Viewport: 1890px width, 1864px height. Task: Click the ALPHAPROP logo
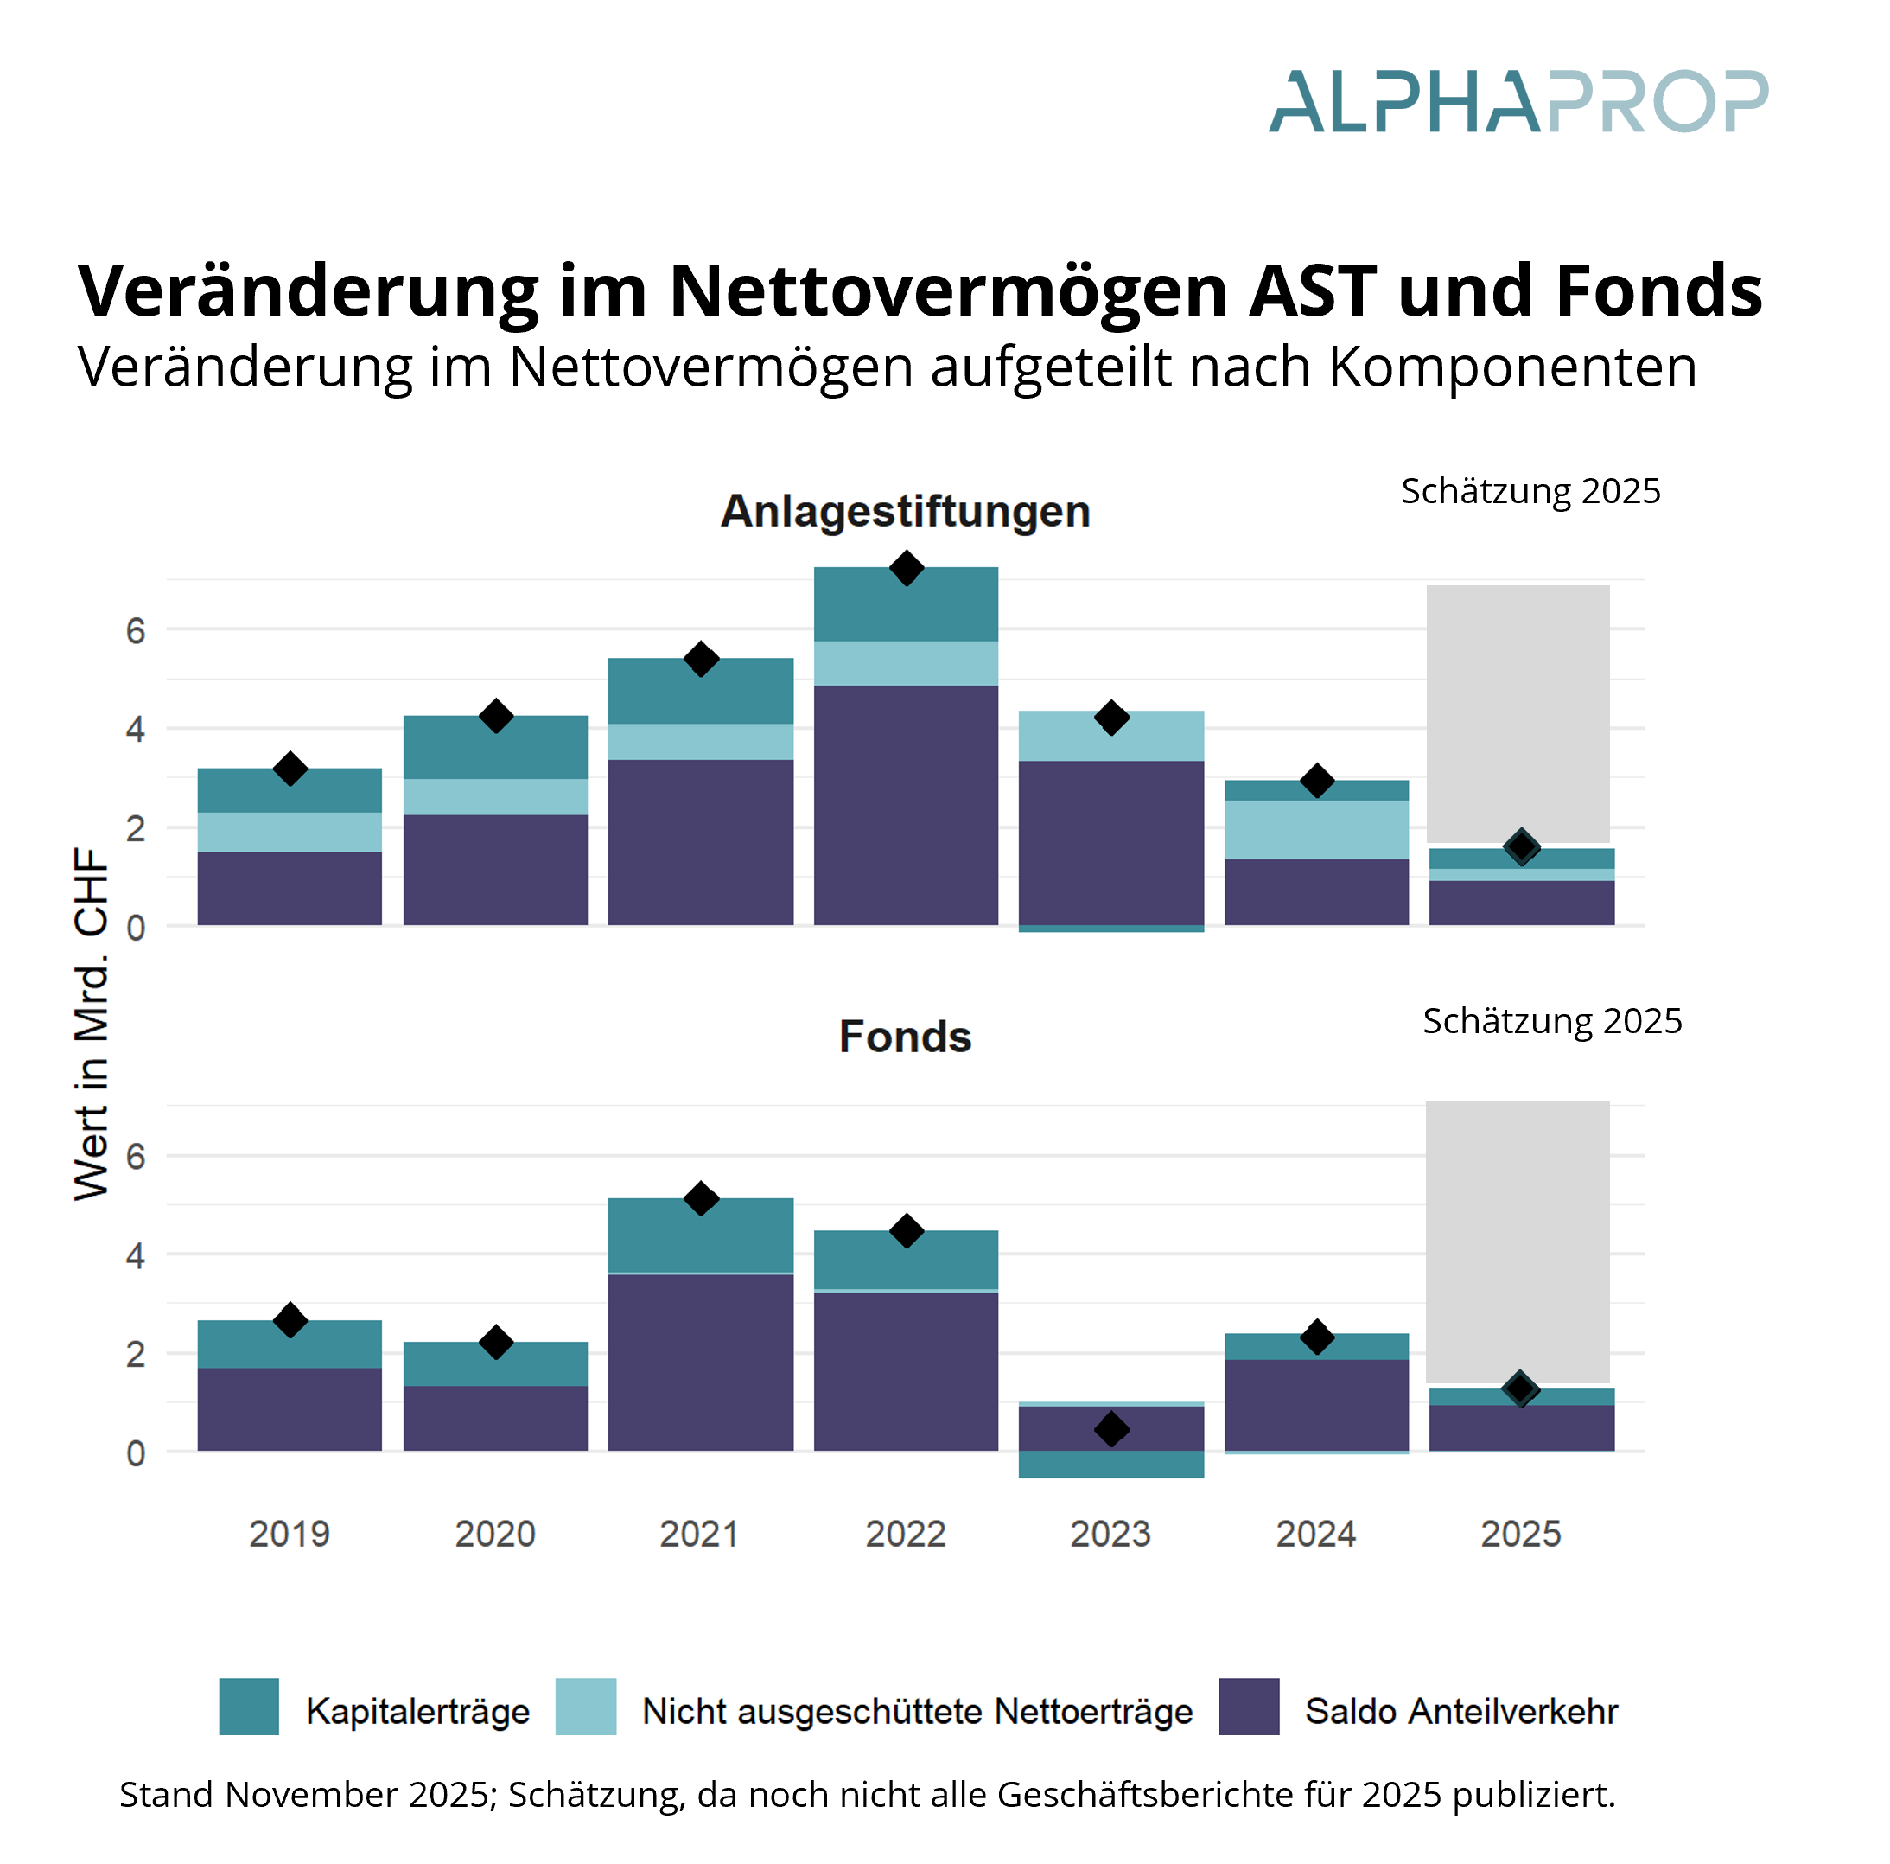(x=1518, y=102)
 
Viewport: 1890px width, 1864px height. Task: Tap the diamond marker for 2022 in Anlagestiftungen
(x=907, y=567)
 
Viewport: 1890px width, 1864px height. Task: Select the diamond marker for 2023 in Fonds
(x=1111, y=1429)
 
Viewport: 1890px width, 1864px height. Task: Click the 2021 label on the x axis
(x=699, y=1533)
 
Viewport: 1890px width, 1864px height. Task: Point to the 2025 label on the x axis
(x=1520, y=1533)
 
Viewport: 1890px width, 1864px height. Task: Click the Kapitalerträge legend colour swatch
(x=249, y=1707)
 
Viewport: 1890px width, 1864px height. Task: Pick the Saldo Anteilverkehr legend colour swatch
(x=1248, y=1707)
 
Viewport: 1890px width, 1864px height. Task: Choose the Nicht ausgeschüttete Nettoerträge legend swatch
(x=586, y=1707)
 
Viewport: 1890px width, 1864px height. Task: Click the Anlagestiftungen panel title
(x=905, y=512)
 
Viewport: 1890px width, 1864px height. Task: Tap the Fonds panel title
(x=905, y=1037)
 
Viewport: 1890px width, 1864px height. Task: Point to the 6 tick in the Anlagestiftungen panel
(x=135, y=631)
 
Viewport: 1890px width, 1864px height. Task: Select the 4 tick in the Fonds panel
(x=135, y=1256)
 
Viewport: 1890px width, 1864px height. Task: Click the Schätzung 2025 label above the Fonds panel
(x=1551, y=1020)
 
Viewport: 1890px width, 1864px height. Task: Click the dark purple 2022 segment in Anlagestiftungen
(x=906, y=804)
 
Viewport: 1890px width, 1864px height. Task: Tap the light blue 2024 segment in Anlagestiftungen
(x=1317, y=830)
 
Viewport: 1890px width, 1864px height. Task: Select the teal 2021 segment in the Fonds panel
(x=701, y=1235)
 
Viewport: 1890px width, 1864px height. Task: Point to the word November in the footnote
(x=314, y=1795)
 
